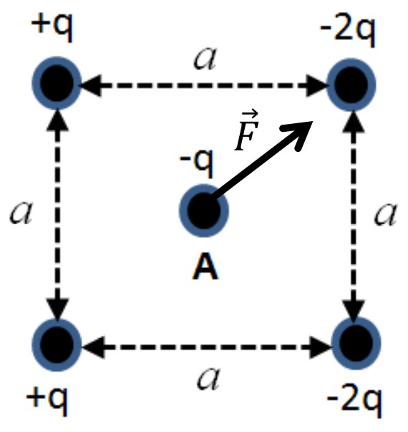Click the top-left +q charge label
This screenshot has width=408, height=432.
52,27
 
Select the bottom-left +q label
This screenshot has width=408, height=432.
47,400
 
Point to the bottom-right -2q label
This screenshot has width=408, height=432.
354,403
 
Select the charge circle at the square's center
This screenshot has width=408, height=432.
204,211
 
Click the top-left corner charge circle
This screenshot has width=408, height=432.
57,83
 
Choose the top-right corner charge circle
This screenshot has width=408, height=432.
351,85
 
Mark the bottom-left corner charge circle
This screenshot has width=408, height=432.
57,345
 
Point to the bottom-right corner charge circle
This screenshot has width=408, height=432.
356,344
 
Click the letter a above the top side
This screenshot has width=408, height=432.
205,59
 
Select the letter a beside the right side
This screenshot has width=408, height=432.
386,215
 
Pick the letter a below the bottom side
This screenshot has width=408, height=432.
208,378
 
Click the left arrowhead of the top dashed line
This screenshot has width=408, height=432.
92,85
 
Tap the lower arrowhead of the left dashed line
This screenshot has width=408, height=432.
57,309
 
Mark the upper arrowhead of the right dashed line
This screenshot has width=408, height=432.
354,122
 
